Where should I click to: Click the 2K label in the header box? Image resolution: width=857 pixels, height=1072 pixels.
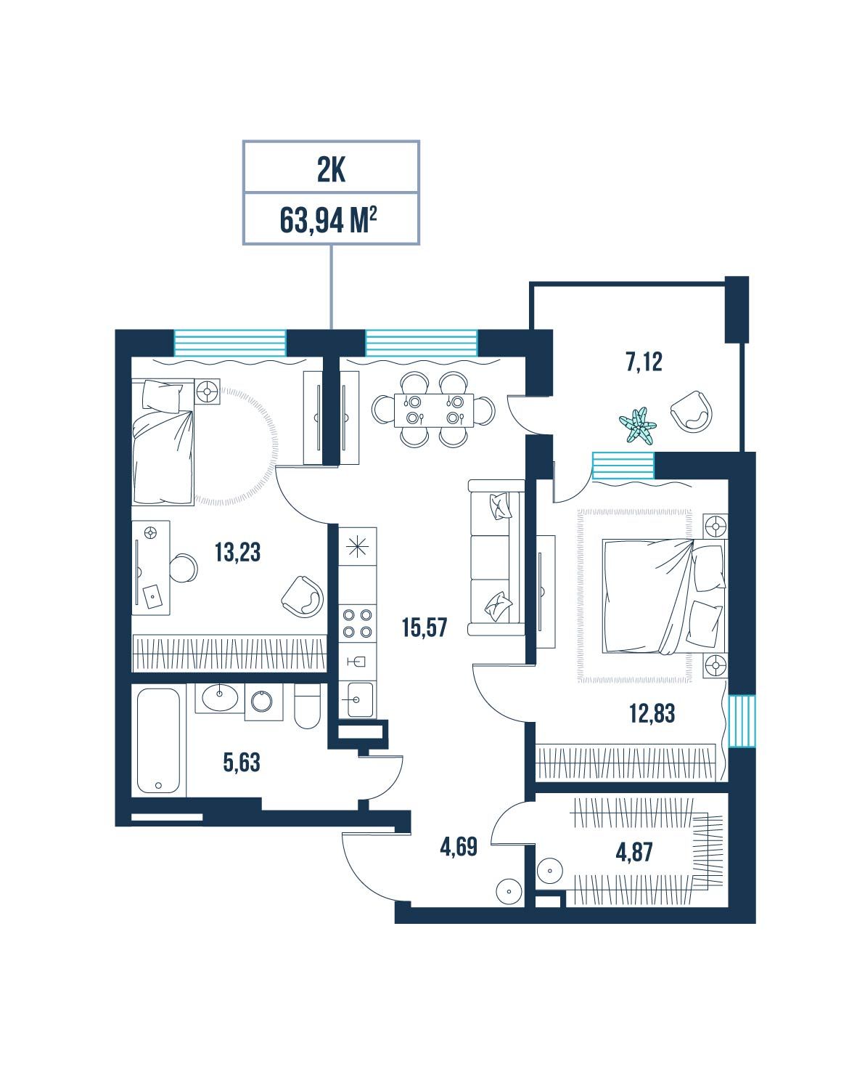point(331,171)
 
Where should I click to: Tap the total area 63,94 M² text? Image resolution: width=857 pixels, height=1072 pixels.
point(328,219)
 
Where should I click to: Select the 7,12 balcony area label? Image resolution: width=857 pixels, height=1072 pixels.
point(644,362)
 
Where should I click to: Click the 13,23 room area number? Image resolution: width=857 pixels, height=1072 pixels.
point(237,553)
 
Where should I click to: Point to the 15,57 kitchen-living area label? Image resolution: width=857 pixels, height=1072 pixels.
point(425,628)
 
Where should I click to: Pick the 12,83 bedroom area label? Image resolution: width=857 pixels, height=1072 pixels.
point(652,714)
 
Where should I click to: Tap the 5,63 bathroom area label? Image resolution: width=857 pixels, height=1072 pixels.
point(242,763)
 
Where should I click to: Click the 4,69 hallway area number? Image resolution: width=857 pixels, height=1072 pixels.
point(459,847)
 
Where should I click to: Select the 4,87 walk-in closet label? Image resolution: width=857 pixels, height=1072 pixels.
point(634,853)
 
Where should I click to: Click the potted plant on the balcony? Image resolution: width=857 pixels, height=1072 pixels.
point(638,426)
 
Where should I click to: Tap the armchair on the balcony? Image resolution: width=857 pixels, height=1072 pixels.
point(692,412)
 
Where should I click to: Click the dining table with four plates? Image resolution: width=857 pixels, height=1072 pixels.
point(433,410)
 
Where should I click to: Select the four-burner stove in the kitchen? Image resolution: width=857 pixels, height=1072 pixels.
point(357,623)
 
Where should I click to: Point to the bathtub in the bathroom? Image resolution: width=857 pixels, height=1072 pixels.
point(158,741)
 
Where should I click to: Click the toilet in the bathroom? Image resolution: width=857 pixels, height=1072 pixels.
point(307,706)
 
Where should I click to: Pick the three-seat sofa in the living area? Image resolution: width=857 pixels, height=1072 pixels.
point(496,557)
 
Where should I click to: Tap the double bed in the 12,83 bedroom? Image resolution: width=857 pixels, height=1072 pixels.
point(663,596)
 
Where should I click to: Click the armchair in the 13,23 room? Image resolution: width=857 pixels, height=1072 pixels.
point(302,596)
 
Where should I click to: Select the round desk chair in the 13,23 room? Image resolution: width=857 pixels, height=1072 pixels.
point(183,568)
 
